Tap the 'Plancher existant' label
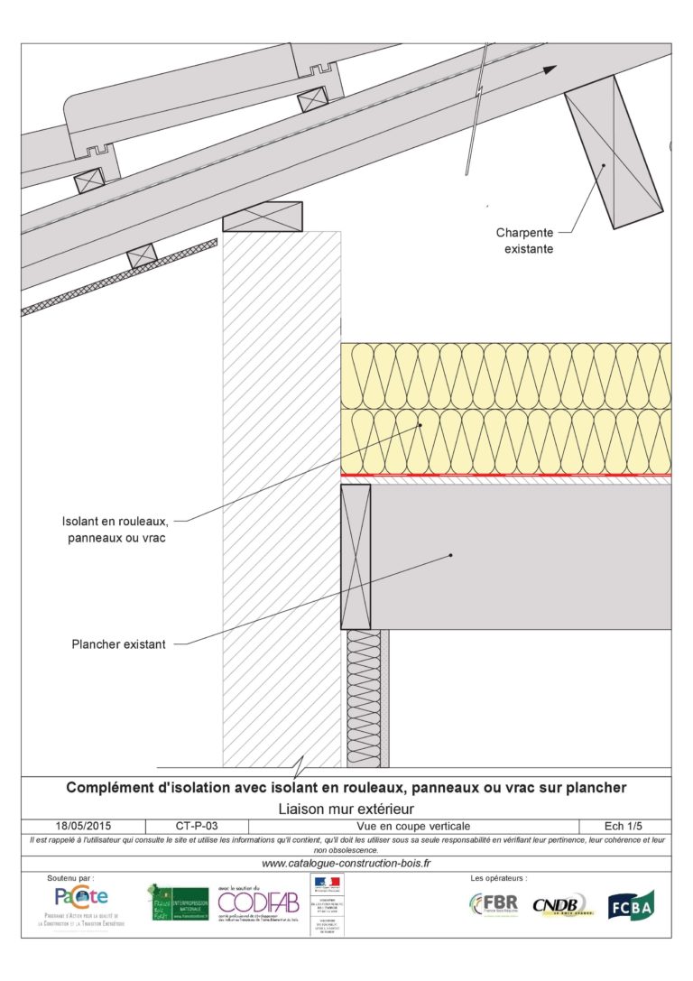pyautogui.click(x=118, y=644)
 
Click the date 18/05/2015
pyautogui.click(x=81, y=826)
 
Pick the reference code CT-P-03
pyautogui.click(x=196, y=826)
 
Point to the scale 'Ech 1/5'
pyautogui.click(x=624, y=826)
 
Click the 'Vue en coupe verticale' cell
pyautogui.click(x=412, y=826)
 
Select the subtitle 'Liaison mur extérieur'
pyautogui.click(x=346, y=808)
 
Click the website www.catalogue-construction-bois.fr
pyautogui.click(x=346, y=864)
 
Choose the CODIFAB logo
pyautogui.click(x=260, y=902)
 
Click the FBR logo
pyautogui.click(x=493, y=903)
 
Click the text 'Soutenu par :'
pyautogui.click(x=69, y=877)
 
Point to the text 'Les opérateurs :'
pyautogui.click(x=499, y=877)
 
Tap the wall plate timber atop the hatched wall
pyautogui.click(x=263, y=217)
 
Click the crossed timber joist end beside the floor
pyautogui.click(x=356, y=557)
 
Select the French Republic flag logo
pyautogui.click(x=327, y=882)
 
